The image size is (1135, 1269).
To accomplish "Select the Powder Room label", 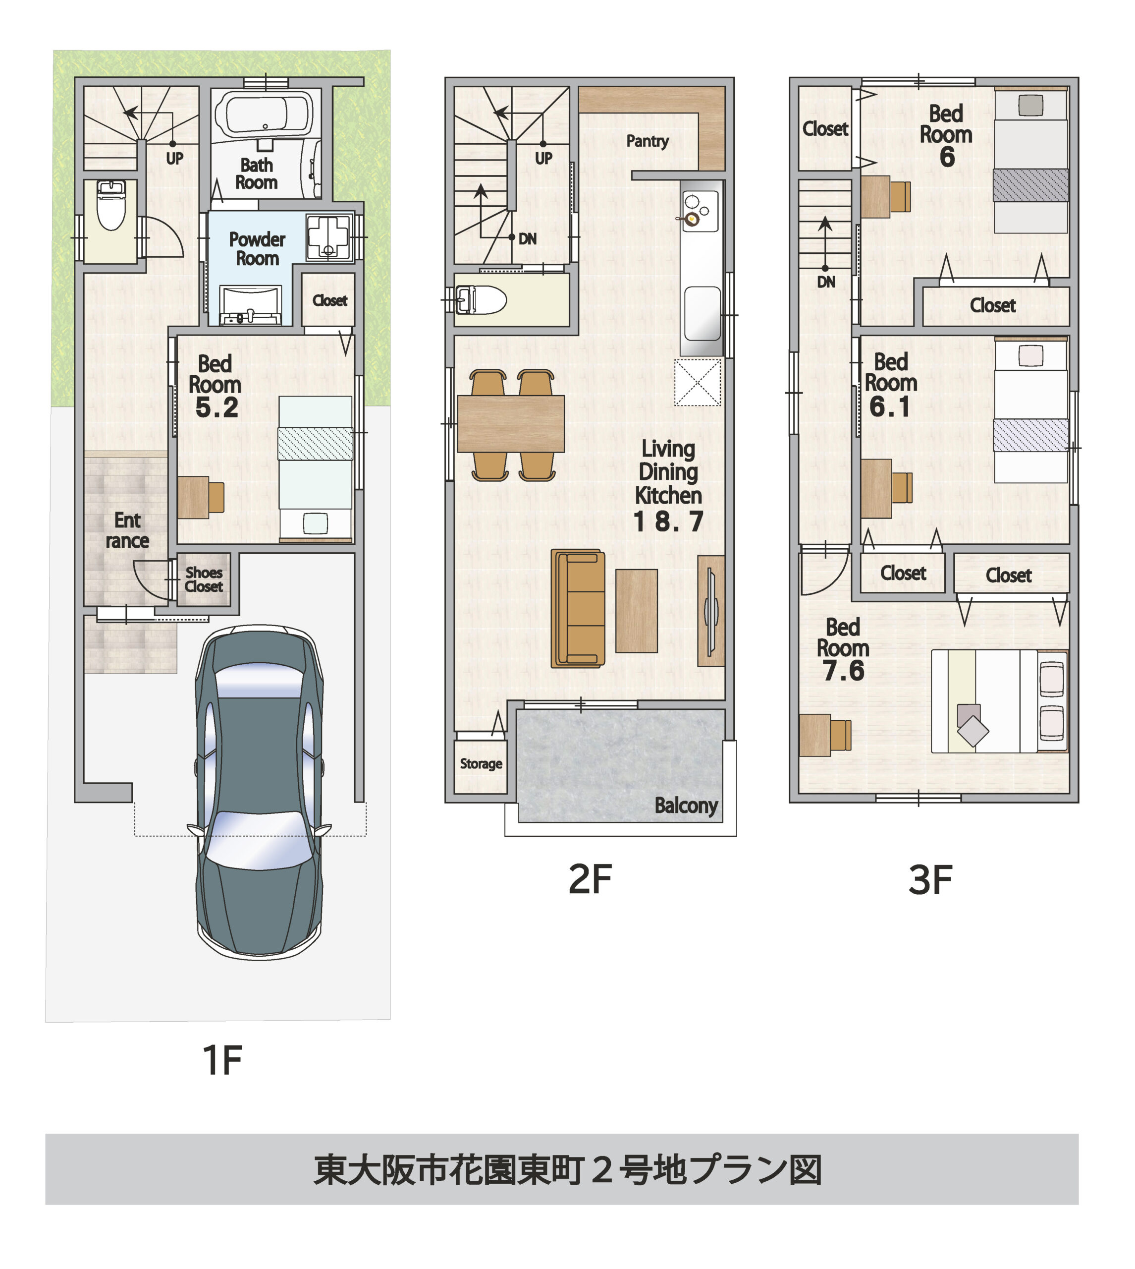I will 257,248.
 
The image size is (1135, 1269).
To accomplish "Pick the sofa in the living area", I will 578,608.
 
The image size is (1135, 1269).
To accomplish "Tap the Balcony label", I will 685,806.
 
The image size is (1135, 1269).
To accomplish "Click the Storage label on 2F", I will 481,764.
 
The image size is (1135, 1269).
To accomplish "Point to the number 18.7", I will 668,521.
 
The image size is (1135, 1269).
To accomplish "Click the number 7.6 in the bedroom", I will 843,671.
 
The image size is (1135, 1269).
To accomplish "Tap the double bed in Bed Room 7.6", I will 998,700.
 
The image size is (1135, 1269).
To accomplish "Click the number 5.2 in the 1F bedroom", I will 216,407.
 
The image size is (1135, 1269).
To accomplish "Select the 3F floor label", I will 930,880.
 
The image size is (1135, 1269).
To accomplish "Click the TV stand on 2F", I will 710,611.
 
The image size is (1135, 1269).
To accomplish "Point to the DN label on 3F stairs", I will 826,282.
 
